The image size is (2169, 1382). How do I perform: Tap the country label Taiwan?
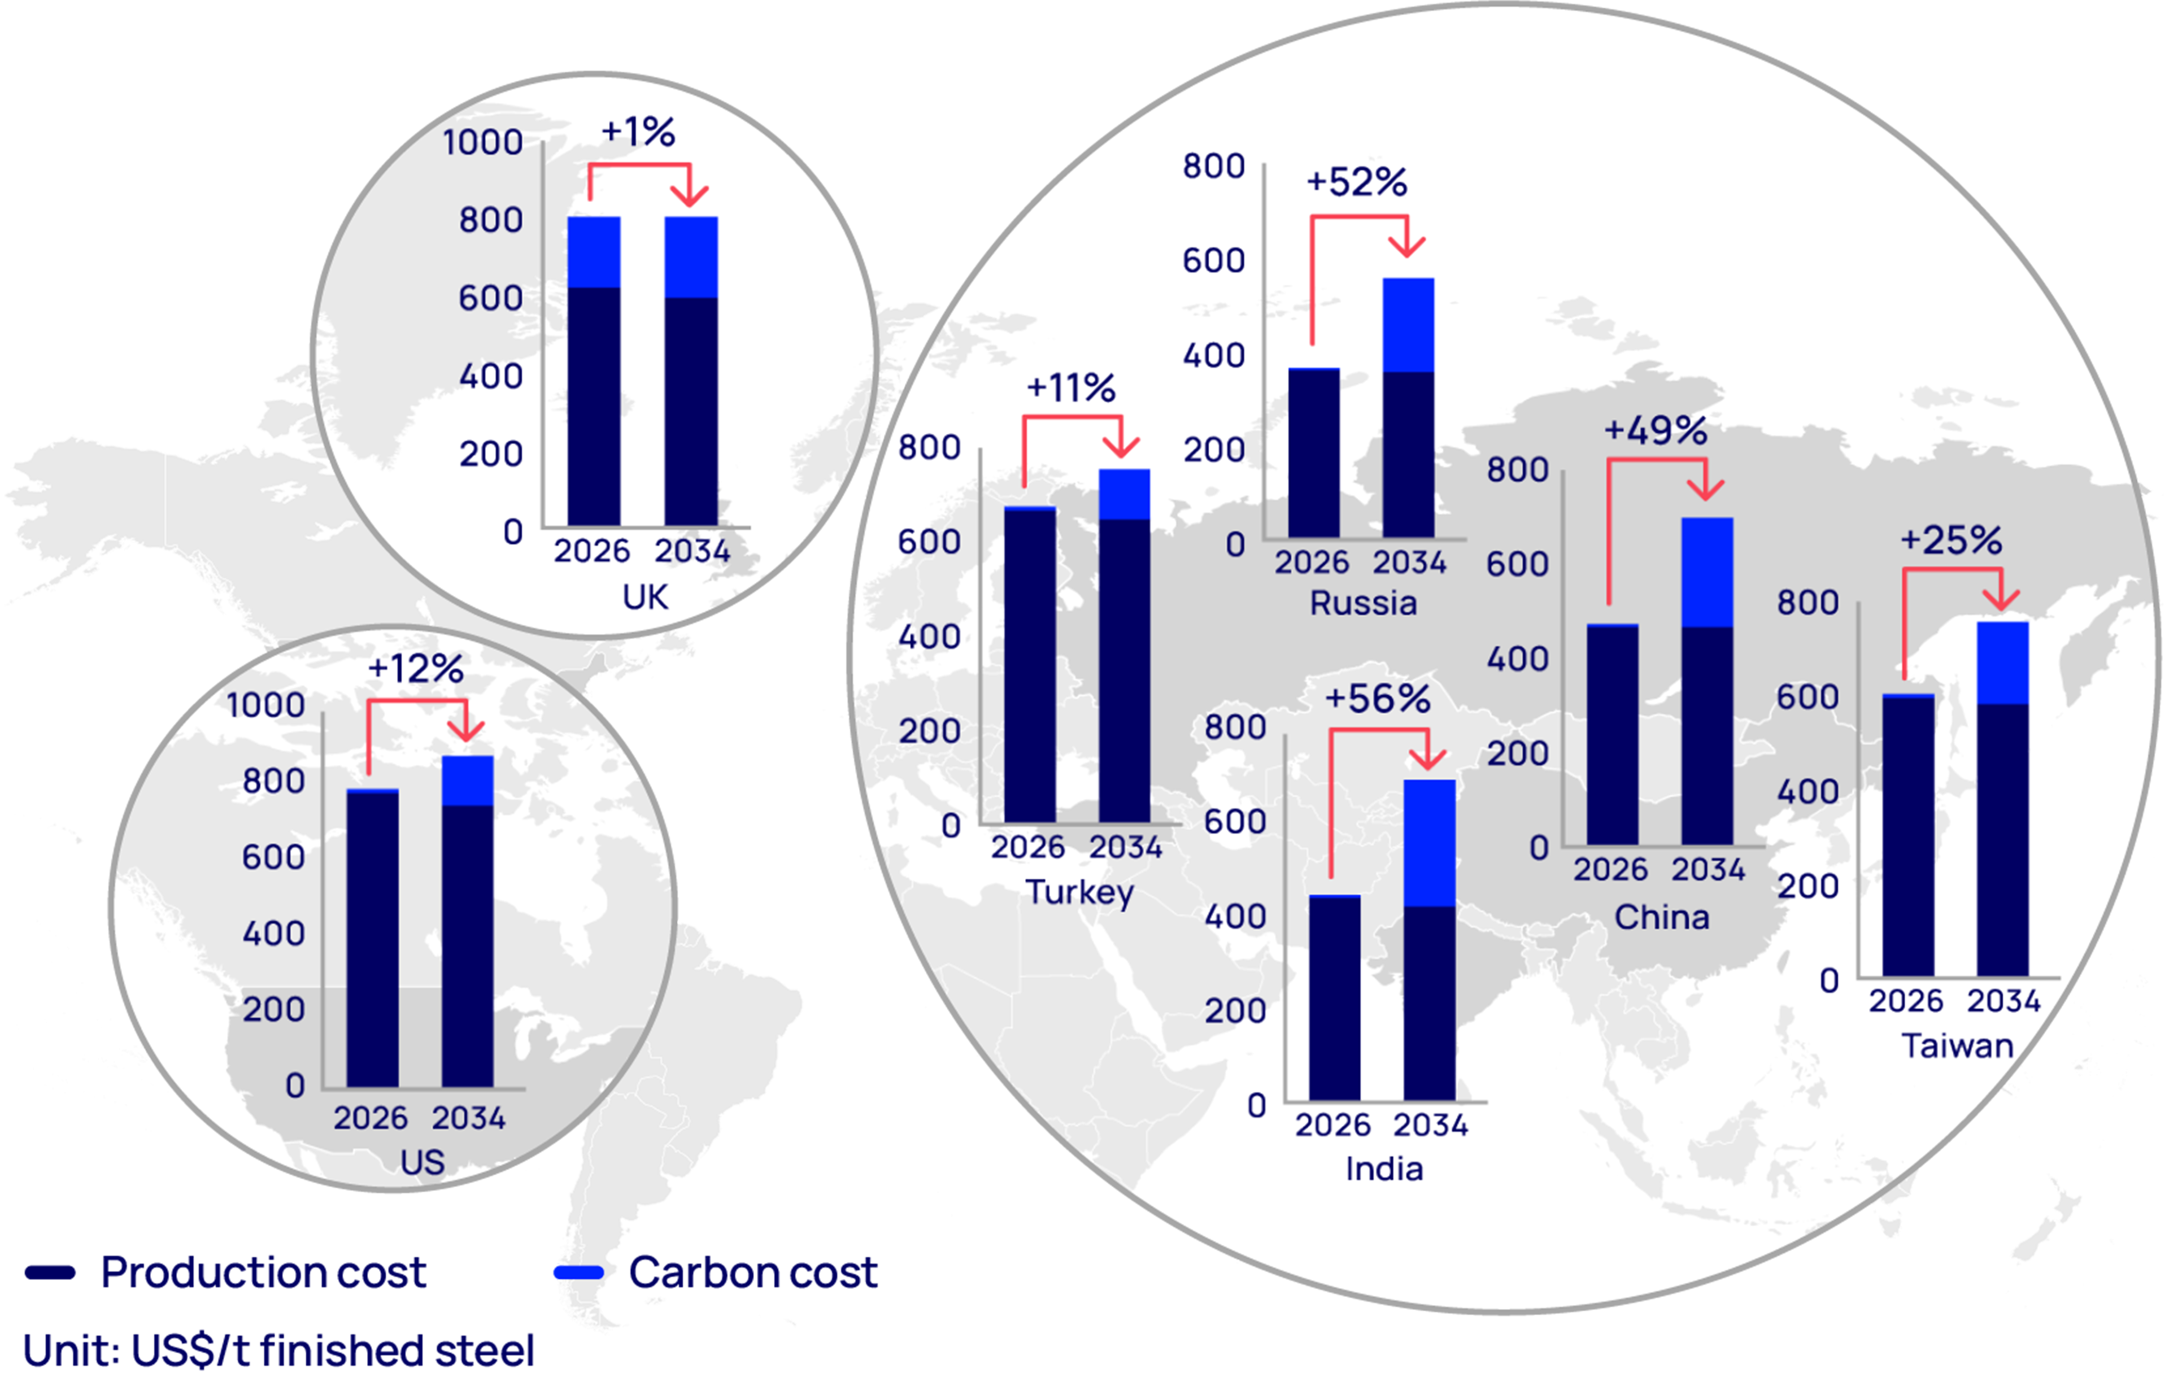tap(1957, 1046)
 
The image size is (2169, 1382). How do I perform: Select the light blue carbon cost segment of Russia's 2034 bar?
tap(1408, 325)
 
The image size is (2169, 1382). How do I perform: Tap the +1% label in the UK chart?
tap(638, 132)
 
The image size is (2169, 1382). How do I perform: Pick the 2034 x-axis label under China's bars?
tap(1708, 869)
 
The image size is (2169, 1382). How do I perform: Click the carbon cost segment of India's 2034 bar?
tap(1430, 842)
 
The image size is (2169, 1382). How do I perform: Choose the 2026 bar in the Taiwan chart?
tap(1908, 835)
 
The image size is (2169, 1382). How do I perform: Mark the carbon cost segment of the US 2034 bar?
tap(468, 780)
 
